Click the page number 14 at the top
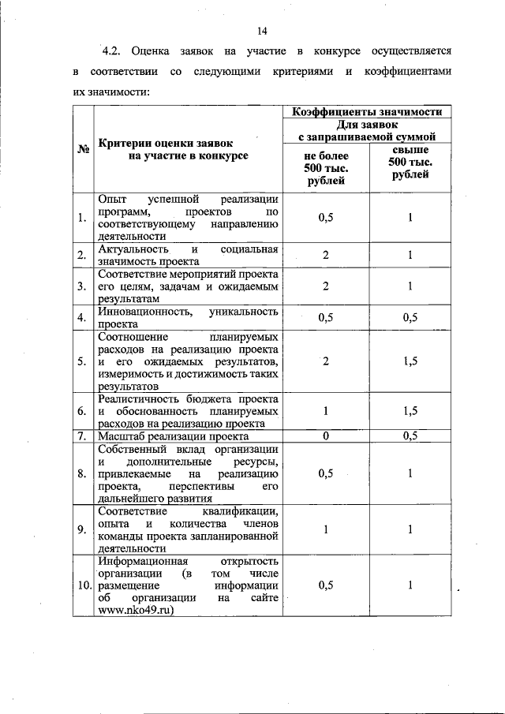click(x=262, y=31)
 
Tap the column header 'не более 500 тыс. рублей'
click(x=325, y=168)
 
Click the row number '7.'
click(x=82, y=436)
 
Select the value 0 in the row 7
click(x=325, y=436)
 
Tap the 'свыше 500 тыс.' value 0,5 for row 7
click(x=410, y=436)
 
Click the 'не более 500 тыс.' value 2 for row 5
click(x=325, y=361)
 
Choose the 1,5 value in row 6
click(x=410, y=411)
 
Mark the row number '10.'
click(x=83, y=585)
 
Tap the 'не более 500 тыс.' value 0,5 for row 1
click(x=325, y=217)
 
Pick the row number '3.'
click(x=82, y=286)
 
